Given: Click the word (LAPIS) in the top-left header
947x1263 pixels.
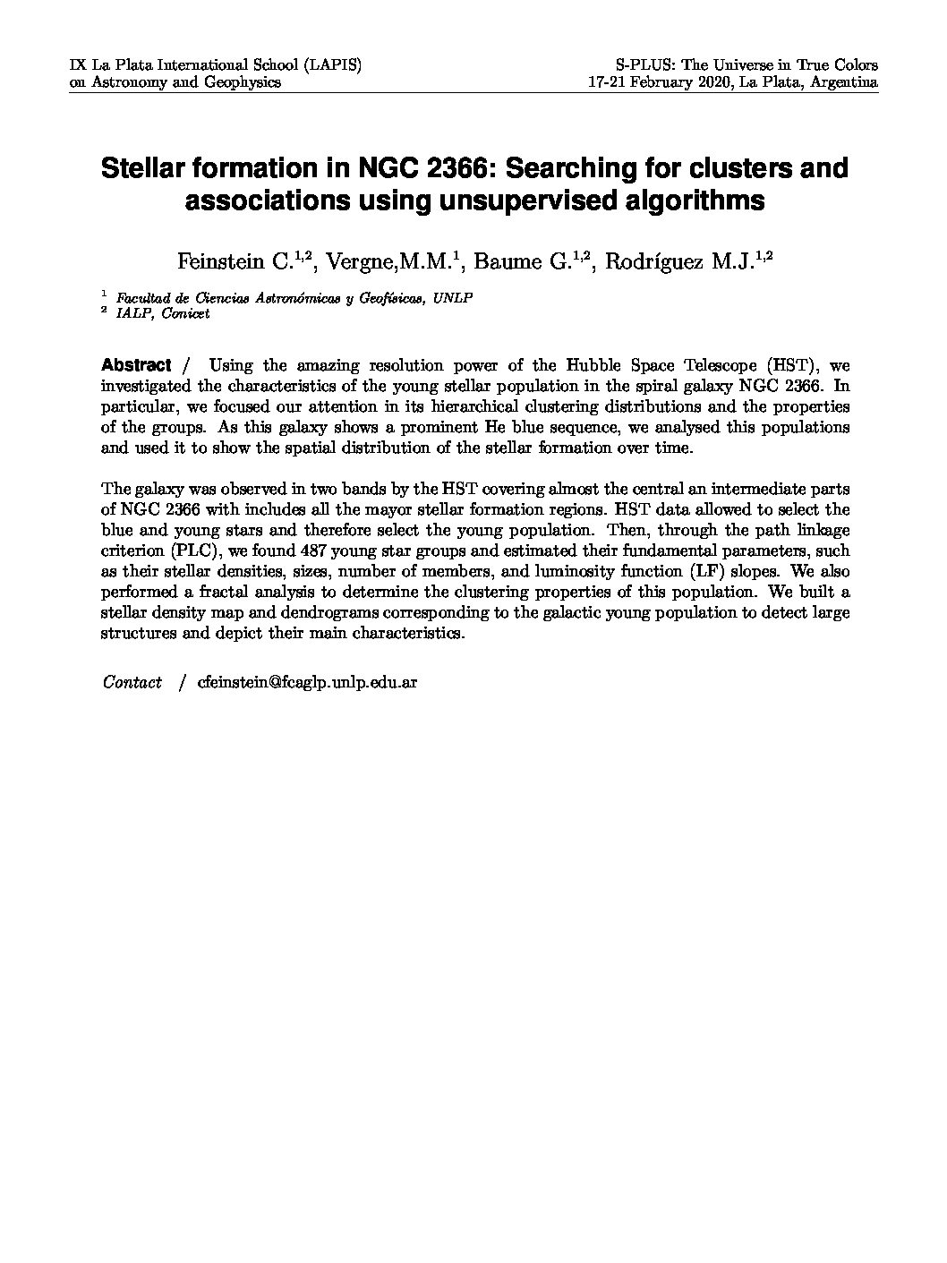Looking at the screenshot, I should pyautogui.click(x=332, y=65).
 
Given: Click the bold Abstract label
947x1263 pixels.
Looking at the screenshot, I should pyautogui.click(x=136, y=365).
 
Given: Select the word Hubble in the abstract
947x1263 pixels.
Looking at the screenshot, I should pyautogui.click(x=591, y=365).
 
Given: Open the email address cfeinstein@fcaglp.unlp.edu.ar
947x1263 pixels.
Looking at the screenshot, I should pyautogui.click(x=308, y=682).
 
